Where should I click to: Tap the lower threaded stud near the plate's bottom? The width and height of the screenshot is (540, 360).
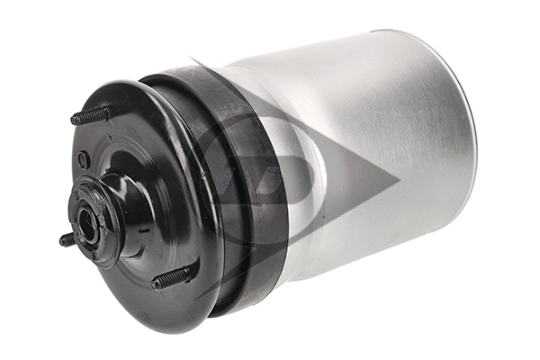point(173,277)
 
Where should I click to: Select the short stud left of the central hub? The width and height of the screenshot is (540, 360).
point(67,239)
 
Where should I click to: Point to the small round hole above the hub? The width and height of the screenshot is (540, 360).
point(84,159)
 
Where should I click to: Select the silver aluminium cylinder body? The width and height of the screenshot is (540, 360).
point(378,153)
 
